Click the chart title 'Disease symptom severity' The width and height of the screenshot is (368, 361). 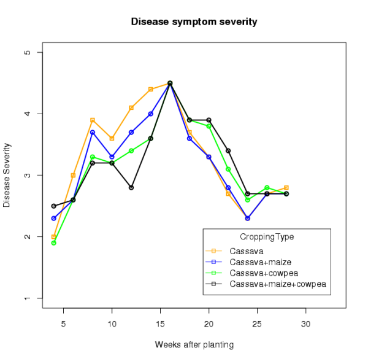pyautogui.click(x=194, y=22)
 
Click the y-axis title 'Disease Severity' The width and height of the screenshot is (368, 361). pyautogui.click(x=7, y=175)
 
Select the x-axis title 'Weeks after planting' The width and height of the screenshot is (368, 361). pyautogui.click(x=194, y=344)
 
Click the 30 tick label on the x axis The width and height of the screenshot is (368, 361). pyautogui.click(x=305, y=323)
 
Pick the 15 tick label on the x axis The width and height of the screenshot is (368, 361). pyautogui.click(x=160, y=323)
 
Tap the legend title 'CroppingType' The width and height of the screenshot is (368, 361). pyautogui.click(x=267, y=236)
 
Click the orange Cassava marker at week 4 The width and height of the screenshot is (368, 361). pyautogui.click(x=54, y=236)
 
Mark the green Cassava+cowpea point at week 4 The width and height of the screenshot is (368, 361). pyautogui.click(x=54, y=243)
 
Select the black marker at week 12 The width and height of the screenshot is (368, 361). pyautogui.click(x=131, y=187)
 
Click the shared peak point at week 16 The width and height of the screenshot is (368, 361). pyautogui.click(x=170, y=83)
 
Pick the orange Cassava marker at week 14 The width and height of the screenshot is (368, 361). pyautogui.click(x=151, y=89)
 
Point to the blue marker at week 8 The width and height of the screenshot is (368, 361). pyautogui.click(x=93, y=132)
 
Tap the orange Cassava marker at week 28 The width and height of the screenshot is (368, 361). pyautogui.click(x=286, y=187)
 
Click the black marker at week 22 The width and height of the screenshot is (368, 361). pyautogui.click(x=228, y=150)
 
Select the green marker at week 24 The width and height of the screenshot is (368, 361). pyautogui.click(x=247, y=200)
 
